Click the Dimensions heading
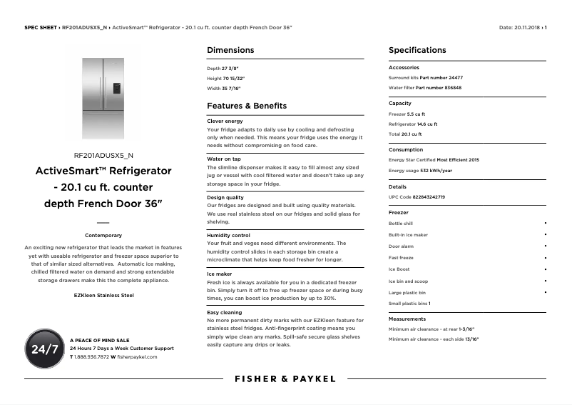point(230,50)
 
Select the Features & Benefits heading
point(246,106)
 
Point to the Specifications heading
point(417,50)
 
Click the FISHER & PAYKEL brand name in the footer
point(285,379)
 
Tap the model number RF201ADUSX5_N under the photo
point(103,155)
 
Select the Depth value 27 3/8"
point(231,69)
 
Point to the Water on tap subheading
point(223,159)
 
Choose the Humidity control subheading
point(228,235)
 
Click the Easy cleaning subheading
point(224,312)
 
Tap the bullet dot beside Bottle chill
point(546,224)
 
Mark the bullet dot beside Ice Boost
point(546,269)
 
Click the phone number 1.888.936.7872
point(92,356)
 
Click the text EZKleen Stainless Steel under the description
point(103,295)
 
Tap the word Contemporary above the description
point(103,235)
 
